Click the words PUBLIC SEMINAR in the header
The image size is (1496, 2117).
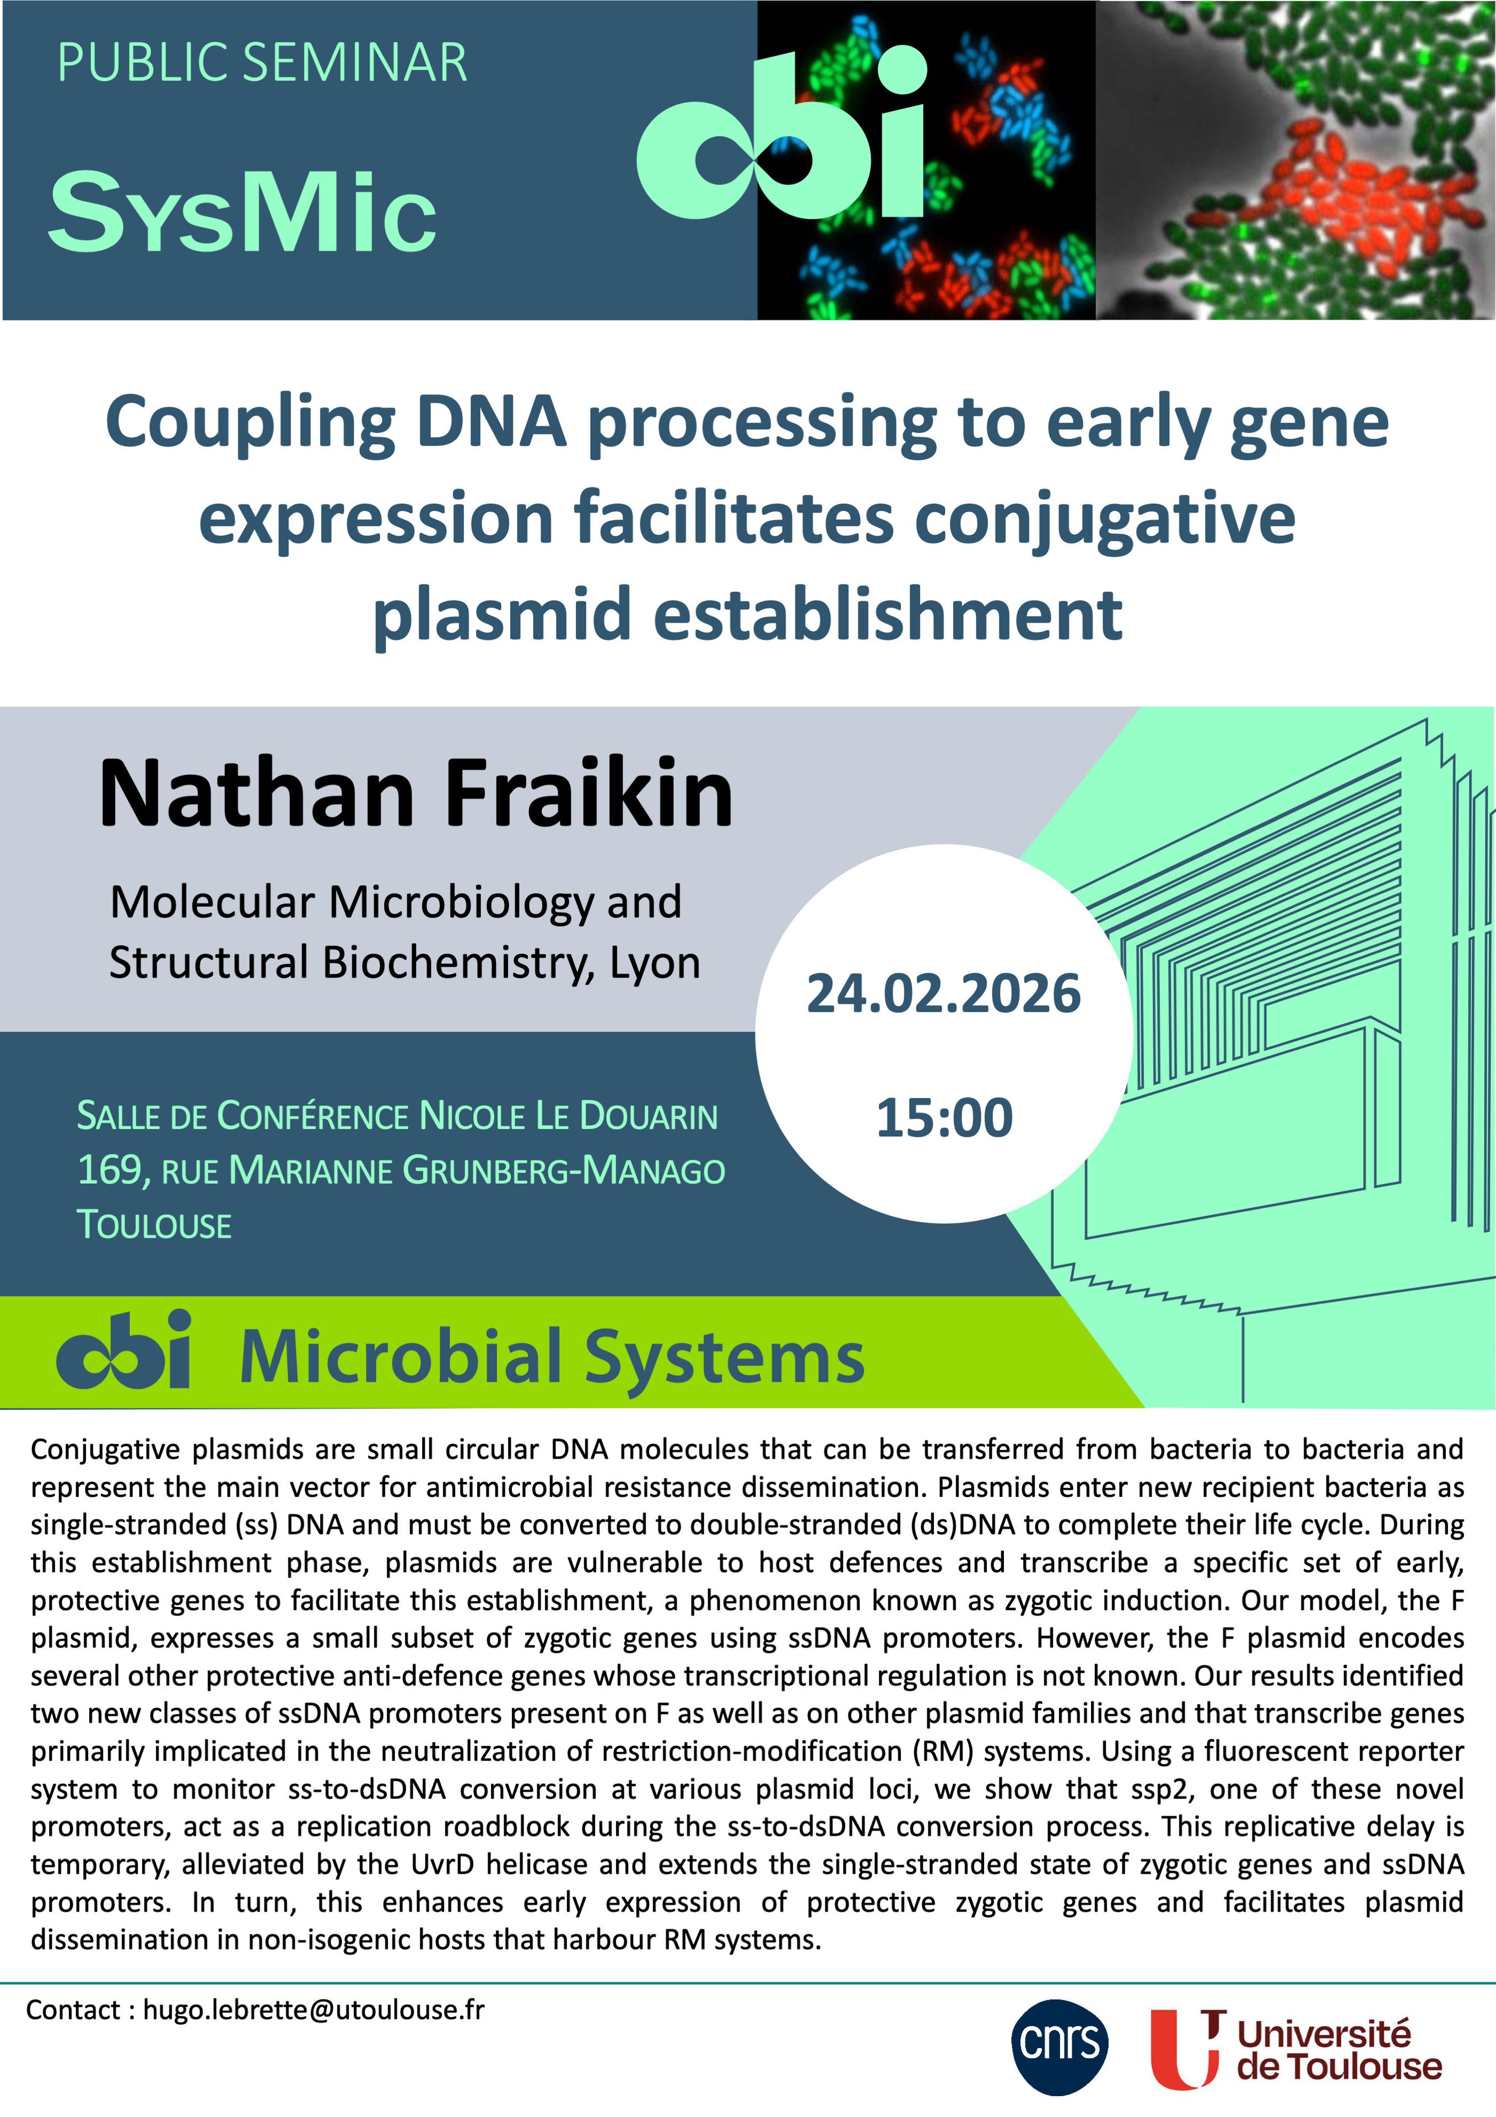(263, 63)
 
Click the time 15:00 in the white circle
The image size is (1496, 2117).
(944, 1117)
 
